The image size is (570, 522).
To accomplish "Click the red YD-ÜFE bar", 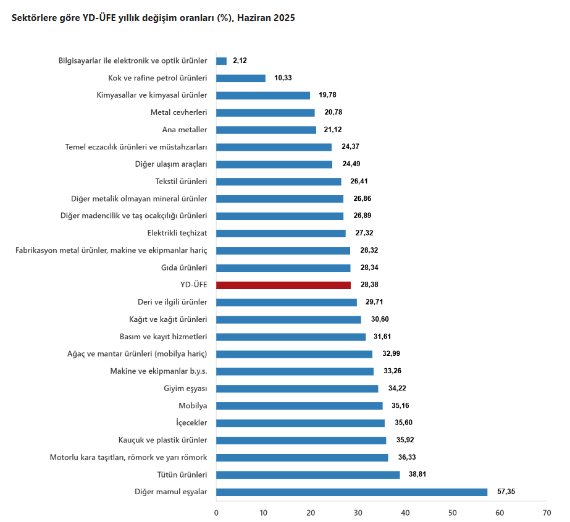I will click(x=283, y=285).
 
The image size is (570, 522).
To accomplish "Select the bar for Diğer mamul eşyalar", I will click(x=351, y=492).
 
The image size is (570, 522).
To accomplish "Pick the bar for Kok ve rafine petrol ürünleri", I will click(x=241, y=78).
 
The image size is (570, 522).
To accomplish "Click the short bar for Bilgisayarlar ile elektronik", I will click(x=221, y=61).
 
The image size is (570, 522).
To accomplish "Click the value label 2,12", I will click(x=240, y=61).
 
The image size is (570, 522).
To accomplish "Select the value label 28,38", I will click(x=369, y=285).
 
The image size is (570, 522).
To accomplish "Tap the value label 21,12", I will click(x=333, y=130).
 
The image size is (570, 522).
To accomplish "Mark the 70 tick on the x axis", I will click(x=547, y=513).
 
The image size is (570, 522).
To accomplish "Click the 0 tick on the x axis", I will click(x=216, y=513).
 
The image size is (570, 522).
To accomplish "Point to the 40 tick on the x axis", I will click(x=405, y=513).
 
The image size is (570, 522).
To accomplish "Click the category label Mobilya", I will click(x=193, y=406).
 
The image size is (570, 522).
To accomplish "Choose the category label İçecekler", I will click(x=191, y=423).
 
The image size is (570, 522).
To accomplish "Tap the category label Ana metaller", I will click(x=185, y=130).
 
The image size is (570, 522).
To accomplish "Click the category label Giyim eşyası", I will click(x=185, y=389).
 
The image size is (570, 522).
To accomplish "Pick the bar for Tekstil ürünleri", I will click(x=279, y=182).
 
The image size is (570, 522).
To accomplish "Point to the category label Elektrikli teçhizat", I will click(x=177, y=234).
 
